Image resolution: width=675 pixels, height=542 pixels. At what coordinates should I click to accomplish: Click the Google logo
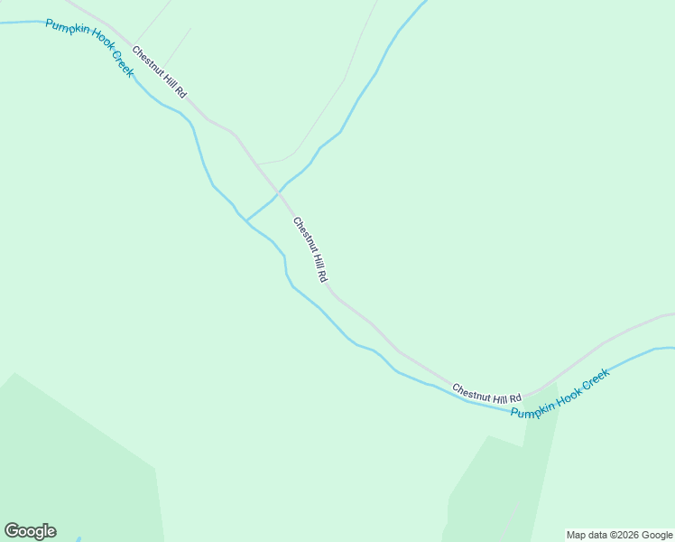(30, 531)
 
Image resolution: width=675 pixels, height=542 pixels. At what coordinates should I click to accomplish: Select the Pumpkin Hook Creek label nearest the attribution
(560, 393)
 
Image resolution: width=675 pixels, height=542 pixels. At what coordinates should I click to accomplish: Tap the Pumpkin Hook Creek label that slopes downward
(90, 47)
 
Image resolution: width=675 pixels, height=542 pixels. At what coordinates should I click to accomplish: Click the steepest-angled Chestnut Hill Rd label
(309, 250)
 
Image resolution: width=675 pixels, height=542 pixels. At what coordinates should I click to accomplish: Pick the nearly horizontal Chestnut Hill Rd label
(487, 393)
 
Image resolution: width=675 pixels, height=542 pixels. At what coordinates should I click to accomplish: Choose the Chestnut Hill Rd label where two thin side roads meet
(159, 71)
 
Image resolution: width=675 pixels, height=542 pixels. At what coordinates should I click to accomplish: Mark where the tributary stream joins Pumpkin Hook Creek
(246, 220)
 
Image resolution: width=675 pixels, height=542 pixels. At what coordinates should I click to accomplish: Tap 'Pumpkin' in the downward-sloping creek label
(65, 32)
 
